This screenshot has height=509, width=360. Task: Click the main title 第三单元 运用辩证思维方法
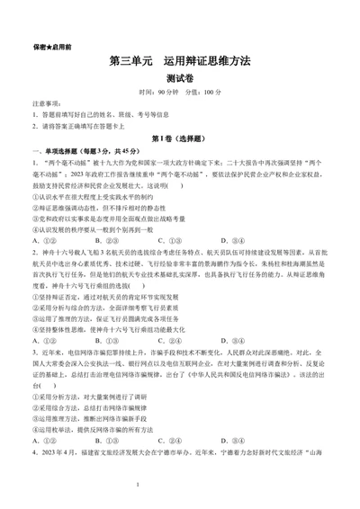pyautogui.click(x=179, y=62)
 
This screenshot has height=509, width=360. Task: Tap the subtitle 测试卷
pyautogui.click(x=179, y=79)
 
